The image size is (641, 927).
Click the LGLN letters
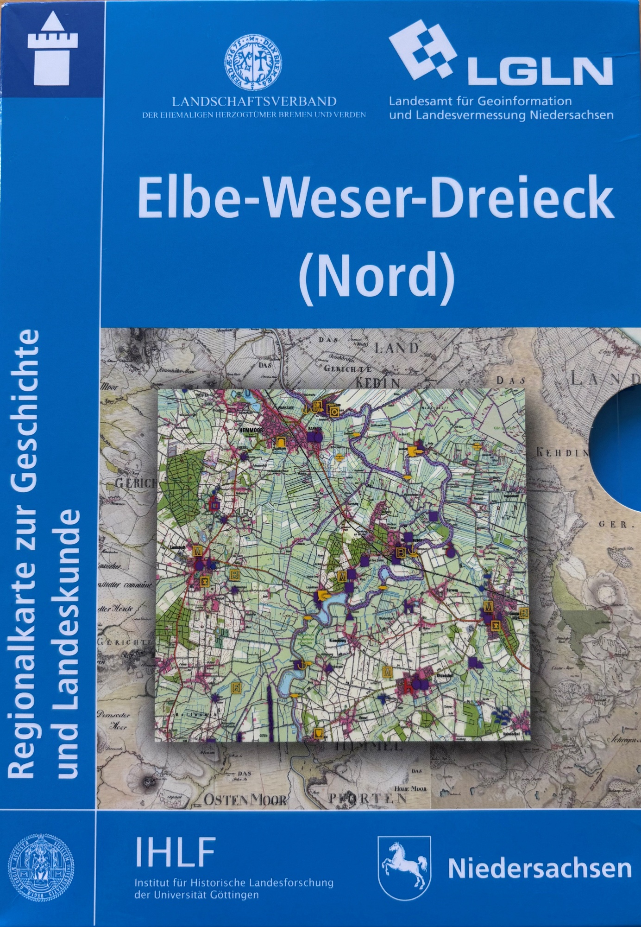tap(540, 72)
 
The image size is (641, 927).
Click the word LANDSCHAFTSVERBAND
tap(254, 101)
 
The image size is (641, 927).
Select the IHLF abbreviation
tap(176, 852)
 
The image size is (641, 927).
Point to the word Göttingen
tap(234, 895)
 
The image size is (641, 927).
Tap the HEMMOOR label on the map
tap(251, 431)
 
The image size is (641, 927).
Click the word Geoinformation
tap(519, 101)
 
